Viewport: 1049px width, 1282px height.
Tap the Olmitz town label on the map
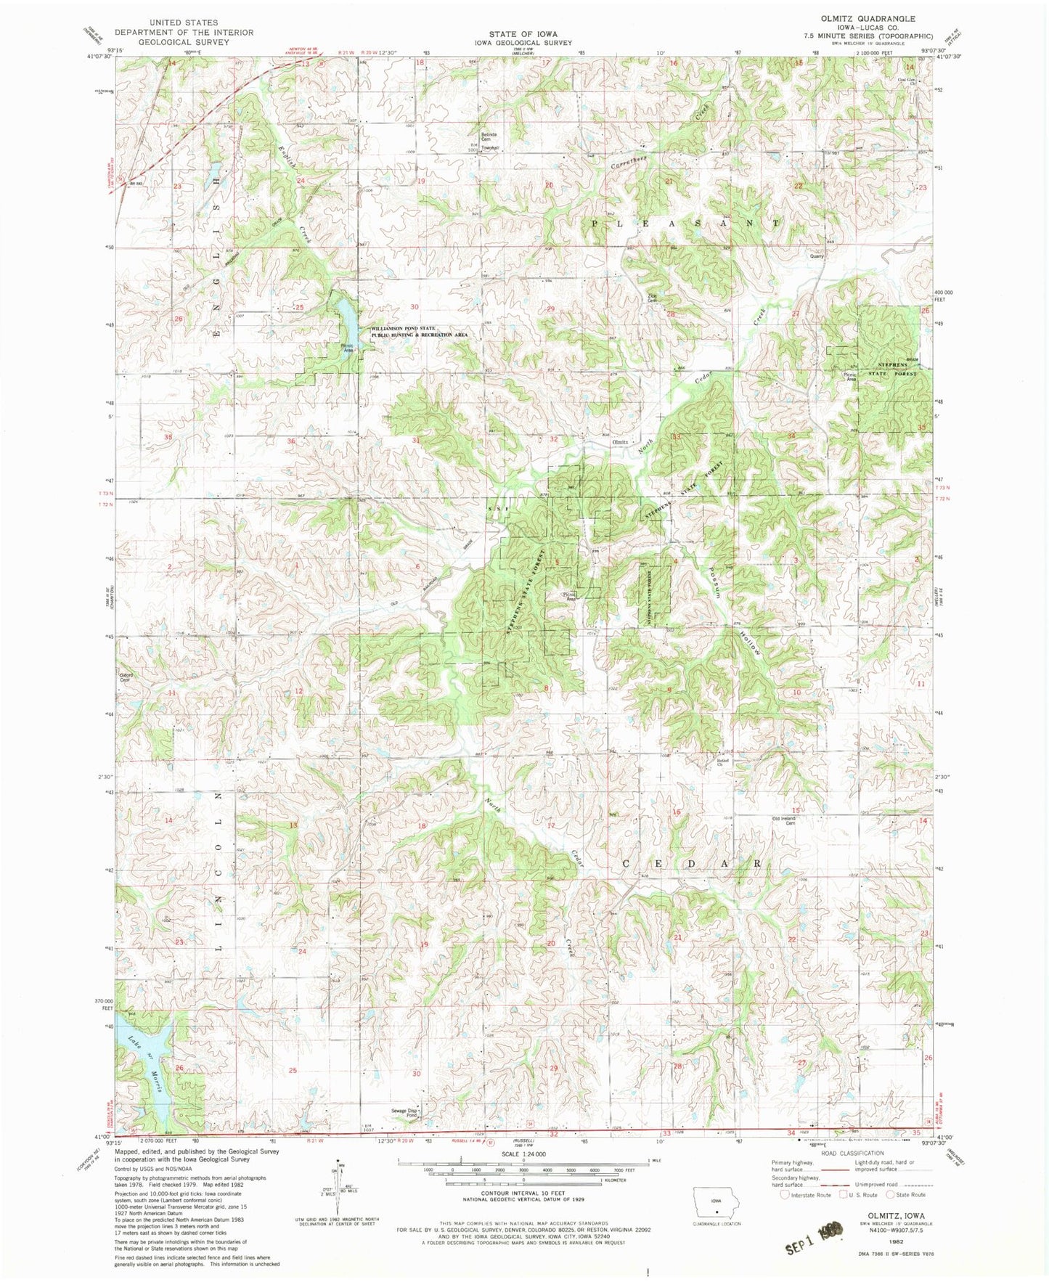pos(619,441)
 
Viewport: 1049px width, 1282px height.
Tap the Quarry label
pos(817,256)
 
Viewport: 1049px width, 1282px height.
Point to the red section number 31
pos(416,440)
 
